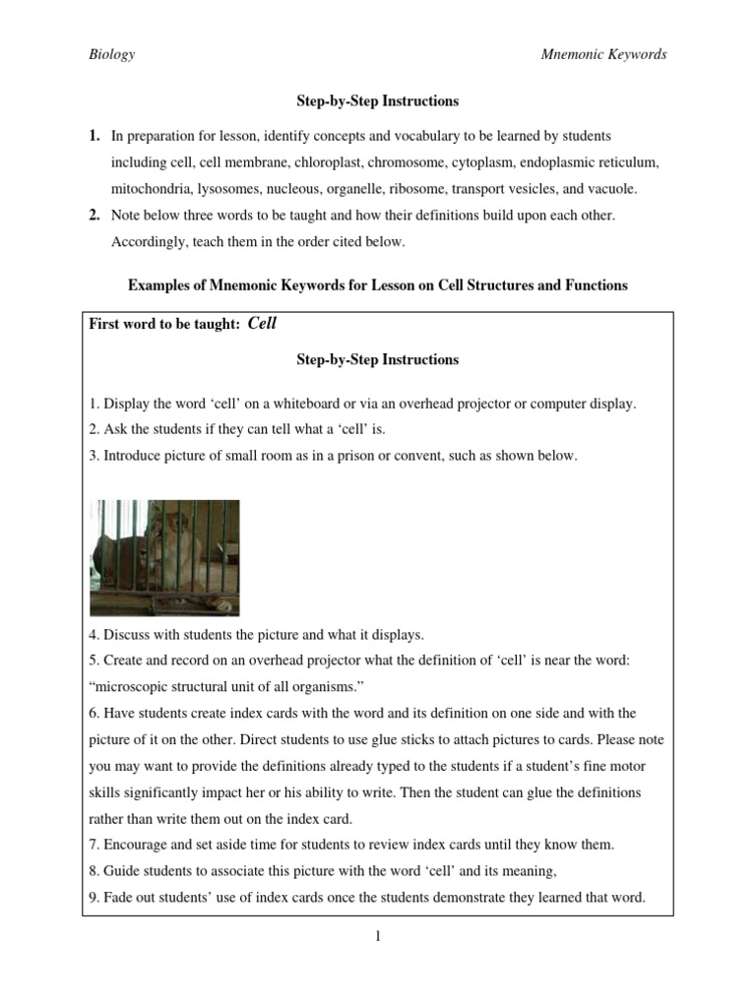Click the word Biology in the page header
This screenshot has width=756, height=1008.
pyautogui.click(x=111, y=55)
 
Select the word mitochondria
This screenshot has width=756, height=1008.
pyautogui.click(x=152, y=187)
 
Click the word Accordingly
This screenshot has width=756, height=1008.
pyautogui.click(x=152, y=241)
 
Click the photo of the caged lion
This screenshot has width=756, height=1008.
pyautogui.click(x=164, y=557)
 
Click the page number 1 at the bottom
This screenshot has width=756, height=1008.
pyautogui.click(x=378, y=936)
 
